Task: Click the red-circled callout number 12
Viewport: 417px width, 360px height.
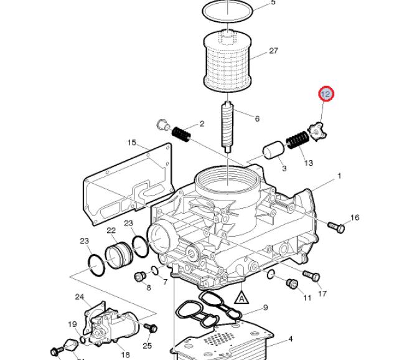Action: pos(326,94)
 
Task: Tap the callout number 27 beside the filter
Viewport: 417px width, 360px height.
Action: pos(273,50)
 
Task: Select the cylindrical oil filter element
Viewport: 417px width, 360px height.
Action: pos(227,60)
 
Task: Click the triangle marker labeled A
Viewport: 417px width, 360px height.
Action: pos(241,298)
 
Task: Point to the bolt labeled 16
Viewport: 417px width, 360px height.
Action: pos(336,227)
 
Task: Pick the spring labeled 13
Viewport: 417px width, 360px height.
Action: pos(298,140)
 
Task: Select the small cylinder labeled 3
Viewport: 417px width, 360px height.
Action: pos(274,150)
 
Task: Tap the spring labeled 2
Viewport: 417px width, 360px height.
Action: pos(181,134)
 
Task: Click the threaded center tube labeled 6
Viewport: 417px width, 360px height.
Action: pos(227,127)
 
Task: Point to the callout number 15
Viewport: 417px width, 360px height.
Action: pos(132,143)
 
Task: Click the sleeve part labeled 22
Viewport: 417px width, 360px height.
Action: pos(119,255)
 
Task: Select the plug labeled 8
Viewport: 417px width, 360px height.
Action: pos(140,277)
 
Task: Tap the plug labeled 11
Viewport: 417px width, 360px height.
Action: pos(292,283)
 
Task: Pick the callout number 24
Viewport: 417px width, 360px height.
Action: pos(79,297)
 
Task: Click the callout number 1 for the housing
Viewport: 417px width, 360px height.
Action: pos(339,176)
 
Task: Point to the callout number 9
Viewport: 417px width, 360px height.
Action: pos(265,308)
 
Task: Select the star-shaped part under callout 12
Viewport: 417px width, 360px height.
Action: pos(317,132)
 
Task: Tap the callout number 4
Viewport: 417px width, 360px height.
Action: pos(291,339)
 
